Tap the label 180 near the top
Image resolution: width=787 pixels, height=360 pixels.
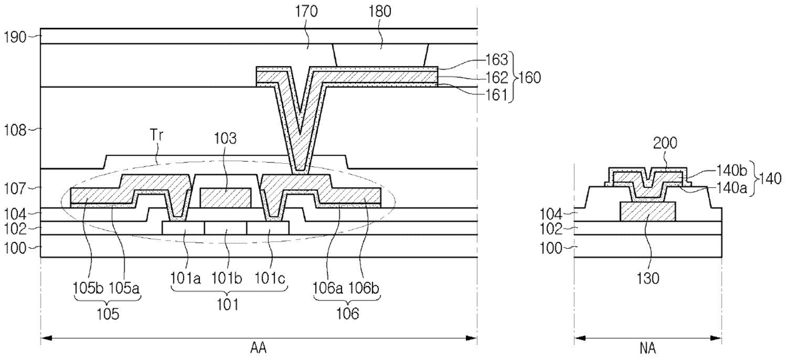[x=381, y=11]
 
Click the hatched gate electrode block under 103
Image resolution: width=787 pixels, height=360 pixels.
[x=225, y=197]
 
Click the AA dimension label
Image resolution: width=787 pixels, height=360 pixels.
[x=258, y=349]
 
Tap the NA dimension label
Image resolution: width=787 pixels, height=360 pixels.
[x=647, y=349]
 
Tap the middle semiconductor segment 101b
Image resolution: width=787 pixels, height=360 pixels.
[x=225, y=227]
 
